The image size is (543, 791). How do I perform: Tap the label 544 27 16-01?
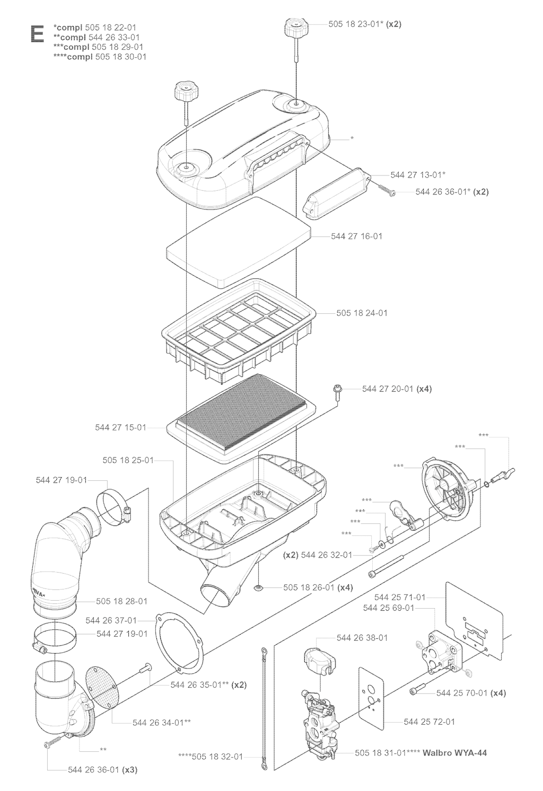pos(356,236)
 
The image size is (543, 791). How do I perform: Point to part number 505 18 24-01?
pos(362,313)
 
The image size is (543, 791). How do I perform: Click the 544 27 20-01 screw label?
pos(388,389)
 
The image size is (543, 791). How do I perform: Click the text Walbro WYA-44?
pos(455,752)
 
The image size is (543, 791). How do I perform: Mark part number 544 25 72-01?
pos(429,722)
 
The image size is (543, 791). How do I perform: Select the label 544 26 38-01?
pos(362,637)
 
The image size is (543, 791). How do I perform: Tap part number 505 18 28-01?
pos(121,601)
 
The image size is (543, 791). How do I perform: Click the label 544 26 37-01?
pos(111,620)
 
